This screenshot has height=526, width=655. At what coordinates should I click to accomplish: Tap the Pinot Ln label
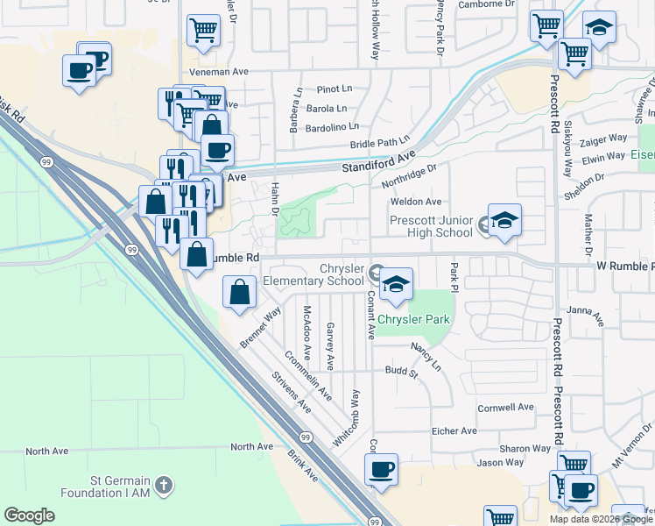click(x=334, y=89)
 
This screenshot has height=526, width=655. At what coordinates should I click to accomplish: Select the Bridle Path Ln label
click(x=380, y=142)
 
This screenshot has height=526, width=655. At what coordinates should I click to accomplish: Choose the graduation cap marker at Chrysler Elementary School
click(x=396, y=283)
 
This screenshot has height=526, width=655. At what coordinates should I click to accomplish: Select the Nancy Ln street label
click(x=426, y=356)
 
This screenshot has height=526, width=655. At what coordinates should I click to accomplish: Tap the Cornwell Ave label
click(x=505, y=408)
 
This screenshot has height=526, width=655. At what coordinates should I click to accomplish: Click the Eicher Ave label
click(x=454, y=431)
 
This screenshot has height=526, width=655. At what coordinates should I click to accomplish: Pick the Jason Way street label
click(x=499, y=462)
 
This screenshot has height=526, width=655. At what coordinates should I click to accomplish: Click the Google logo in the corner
click(x=29, y=515)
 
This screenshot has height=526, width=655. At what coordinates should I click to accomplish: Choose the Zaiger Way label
click(x=603, y=139)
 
